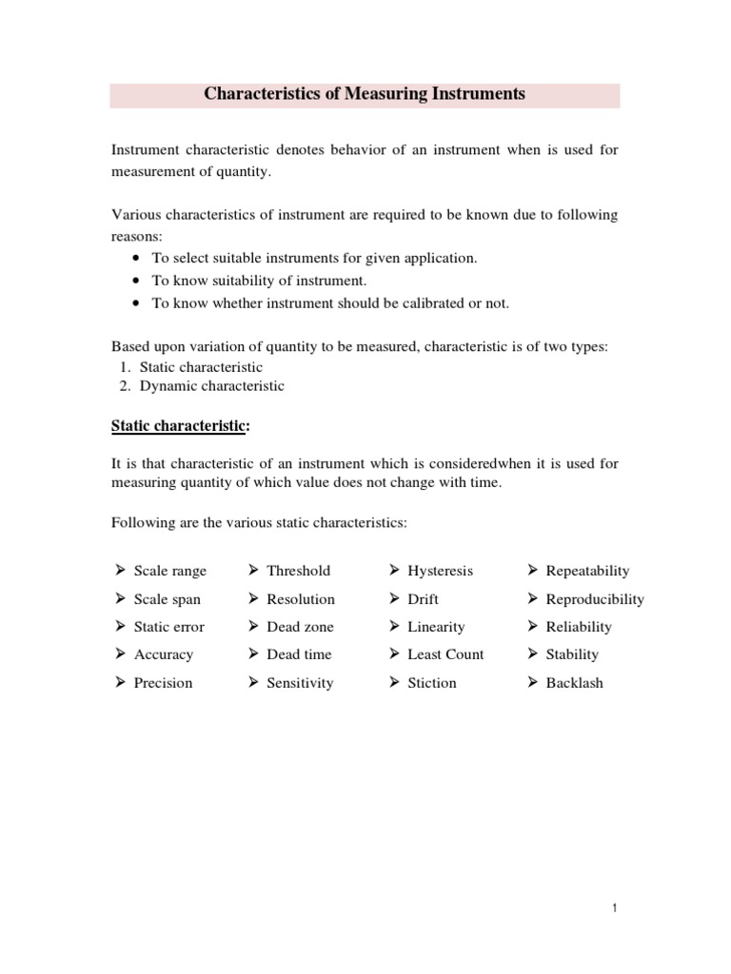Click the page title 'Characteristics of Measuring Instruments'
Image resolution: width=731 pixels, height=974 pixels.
[365, 94]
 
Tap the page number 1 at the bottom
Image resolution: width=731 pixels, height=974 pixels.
[616, 909]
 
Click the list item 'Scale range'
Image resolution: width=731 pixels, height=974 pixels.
[169, 571]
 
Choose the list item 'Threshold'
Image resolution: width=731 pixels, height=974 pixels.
[298, 571]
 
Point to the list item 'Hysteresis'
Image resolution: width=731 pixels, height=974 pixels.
[440, 571]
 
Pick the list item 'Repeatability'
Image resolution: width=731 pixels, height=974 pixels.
[587, 571]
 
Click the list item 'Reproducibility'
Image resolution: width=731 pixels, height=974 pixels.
[594, 599]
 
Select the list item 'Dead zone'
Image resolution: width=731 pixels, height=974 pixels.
[300, 627]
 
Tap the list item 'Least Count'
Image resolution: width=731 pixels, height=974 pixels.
[445, 654]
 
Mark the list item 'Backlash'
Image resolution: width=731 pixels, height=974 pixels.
[574, 683]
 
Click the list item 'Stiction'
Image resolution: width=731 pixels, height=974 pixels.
[431, 683]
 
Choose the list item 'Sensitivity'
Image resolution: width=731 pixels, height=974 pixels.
[300, 683]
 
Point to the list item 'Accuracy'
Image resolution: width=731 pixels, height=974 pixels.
[163, 654]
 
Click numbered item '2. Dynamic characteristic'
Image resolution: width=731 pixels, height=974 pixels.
[211, 386]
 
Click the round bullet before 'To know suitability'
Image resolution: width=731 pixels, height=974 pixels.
[138, 281]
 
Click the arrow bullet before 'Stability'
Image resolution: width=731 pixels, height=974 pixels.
[532, 654]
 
